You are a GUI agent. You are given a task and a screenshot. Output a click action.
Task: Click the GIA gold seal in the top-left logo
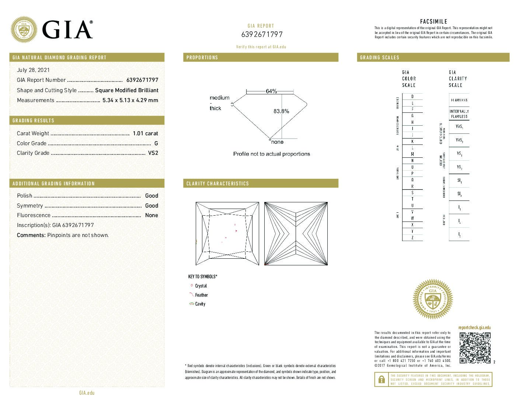(24, 29)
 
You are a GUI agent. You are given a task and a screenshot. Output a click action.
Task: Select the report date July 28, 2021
(33, 70)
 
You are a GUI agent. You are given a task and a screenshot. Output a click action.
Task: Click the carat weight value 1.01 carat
(145, 133)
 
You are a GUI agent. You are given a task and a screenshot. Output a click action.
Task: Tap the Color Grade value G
(156, 143)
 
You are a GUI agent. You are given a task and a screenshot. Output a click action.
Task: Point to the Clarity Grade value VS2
(153, 153)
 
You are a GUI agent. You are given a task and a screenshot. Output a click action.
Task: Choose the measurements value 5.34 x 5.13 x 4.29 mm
(130, 100)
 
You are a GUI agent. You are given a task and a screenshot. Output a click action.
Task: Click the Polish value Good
(151, 196)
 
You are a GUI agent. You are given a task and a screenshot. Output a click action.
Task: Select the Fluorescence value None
(151, 215)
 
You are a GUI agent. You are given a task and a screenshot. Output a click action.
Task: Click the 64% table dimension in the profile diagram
(271, 91)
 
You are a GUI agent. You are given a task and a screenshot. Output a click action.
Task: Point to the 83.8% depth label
(281, 111)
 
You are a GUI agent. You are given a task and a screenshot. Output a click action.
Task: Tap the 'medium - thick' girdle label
(219, 103)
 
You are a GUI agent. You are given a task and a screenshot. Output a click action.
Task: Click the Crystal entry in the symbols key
(201, 286)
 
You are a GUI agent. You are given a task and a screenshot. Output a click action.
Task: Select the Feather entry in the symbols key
(201, 295)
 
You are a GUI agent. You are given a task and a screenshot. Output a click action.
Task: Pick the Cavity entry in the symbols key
(200, 304)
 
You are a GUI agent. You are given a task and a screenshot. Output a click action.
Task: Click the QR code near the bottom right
(475, 348)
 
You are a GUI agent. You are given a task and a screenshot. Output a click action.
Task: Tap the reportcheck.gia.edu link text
(474, 328)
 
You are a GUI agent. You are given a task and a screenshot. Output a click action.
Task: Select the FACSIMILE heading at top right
(433, 22)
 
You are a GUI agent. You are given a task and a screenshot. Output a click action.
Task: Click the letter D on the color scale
(412, 97)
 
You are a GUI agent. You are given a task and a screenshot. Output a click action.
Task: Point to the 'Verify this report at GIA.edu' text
(261, 47)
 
